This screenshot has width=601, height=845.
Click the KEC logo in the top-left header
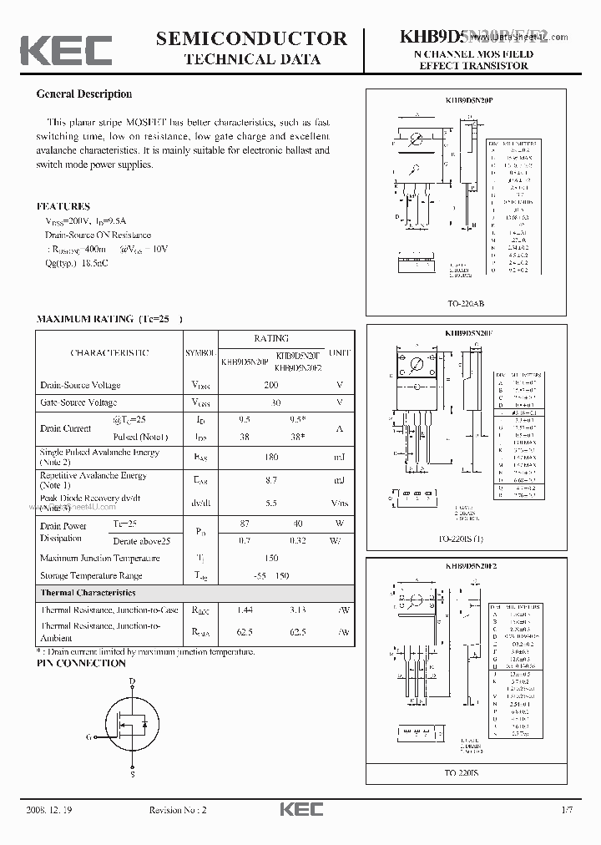click(x=66, y=50)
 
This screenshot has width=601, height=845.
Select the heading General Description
click(x=83, y=94)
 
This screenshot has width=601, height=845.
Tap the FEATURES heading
click(x=63, y=206)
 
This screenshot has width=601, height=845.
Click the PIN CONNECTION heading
click(x=81, y=663)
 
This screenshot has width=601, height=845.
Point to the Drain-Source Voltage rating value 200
click(x=270, y=385)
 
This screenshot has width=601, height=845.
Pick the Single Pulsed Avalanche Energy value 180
click(x=270, y=457)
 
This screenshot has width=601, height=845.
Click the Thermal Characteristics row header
click(x=88, y=592)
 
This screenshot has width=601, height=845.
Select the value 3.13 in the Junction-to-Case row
click(x=298, y=610)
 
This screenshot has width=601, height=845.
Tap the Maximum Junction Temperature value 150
click(x=270, y=558)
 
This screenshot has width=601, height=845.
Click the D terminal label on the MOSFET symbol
click(x=132, y=681)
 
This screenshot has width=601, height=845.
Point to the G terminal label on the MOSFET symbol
click(x=88, y=737)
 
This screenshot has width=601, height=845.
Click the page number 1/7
click(x=568, y=810)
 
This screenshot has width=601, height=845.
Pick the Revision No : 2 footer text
click(x=177, y=810)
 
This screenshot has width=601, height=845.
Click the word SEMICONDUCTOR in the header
click(x=251, y=38)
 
